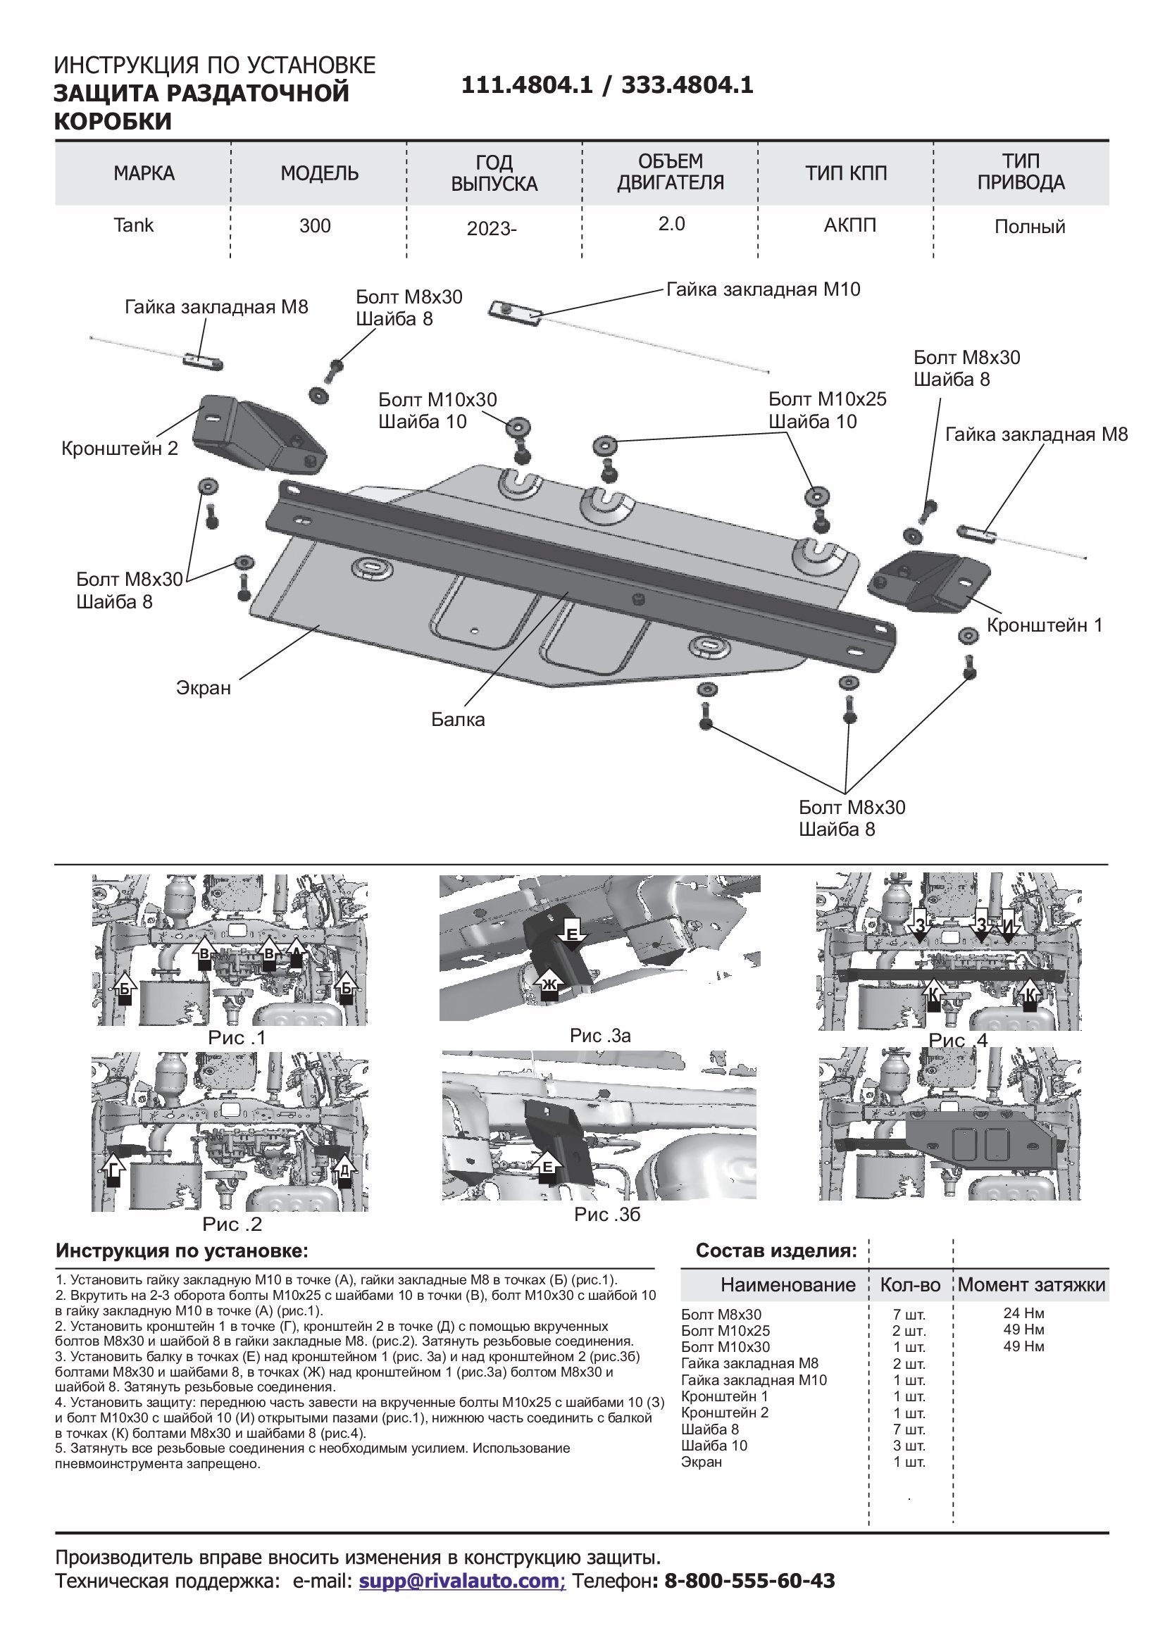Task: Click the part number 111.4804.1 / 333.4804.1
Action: [x=607, y=85]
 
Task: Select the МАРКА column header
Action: [x=144, y=174]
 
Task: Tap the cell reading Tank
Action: [x=133, y=225]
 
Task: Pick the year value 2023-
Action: [x=492, y=229]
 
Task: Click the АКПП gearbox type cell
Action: [x=849, y=225]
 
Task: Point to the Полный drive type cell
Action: [x=1030, y=227]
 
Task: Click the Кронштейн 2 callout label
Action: [x=120, y=449]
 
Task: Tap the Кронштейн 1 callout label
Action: [x=1045, y=625]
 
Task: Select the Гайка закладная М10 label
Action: [x=764, y=290]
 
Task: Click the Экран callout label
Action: [x=204, y=688]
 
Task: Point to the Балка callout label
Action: [x=458, y=720]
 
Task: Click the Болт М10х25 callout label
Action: [x=827, y=399]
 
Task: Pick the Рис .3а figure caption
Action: [x=599, y=1035]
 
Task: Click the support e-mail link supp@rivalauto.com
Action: [x=462, y=1580]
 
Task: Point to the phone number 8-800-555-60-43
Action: [x=749, y=1580]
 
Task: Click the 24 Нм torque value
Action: [x=1023, y=1313]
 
